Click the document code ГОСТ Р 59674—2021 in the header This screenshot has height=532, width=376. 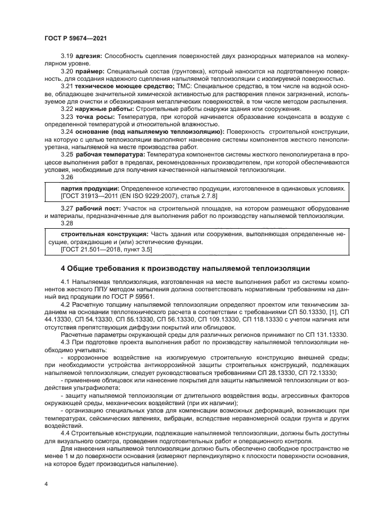pyautogui.click(x=76, y=39)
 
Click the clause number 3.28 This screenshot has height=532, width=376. pyautogui.click(x=67, y=224)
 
